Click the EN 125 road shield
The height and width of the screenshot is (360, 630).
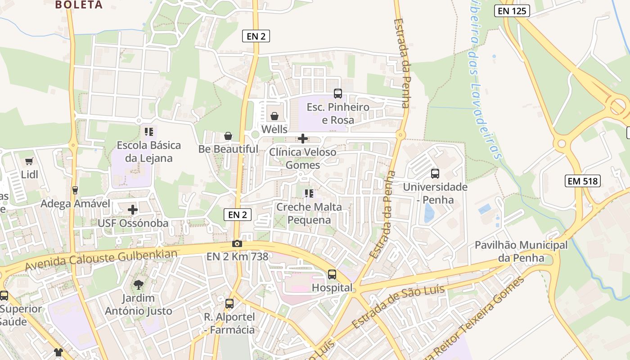(x=512, y=11)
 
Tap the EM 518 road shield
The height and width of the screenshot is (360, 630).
(x=583, y=181)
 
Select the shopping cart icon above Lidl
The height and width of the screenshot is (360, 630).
(x=29, y=161)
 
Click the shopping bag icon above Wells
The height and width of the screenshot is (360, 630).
(x=274, y=116)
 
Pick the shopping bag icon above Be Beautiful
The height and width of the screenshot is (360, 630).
(x=228, y=136)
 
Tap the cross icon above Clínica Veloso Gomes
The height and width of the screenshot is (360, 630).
(x=303, y=139)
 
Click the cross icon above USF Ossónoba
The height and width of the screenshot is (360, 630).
(x=133, y=210)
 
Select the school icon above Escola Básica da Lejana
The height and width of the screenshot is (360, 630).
(x=148, y=132)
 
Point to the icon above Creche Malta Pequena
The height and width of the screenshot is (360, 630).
(x=309, y=193)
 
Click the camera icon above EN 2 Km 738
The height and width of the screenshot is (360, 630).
(x=237, y=244)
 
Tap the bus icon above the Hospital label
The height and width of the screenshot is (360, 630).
(x=332, y=274)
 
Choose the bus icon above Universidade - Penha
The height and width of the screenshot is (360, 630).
(x=435, y=173)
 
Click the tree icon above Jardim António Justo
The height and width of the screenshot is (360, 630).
(x=139, y=284)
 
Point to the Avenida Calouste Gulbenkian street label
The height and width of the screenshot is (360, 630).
(x=101, y=260)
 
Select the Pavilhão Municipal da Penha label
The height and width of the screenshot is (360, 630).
(x=521, y=252)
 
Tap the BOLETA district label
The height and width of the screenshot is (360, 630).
(x=79, y=5)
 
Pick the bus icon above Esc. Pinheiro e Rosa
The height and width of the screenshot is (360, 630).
(x=337, y=94)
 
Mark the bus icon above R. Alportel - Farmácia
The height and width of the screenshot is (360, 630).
(x=229, y=304)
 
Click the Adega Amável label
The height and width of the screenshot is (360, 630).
(x=75, y=204)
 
